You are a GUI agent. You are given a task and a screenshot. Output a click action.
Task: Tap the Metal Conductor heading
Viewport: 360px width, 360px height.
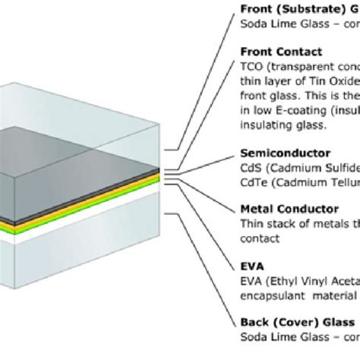click(288, 208)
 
